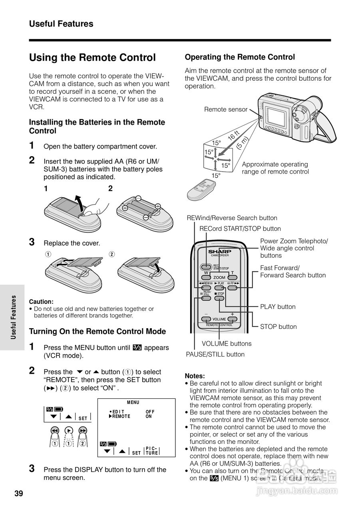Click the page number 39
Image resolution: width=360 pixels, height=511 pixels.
18,493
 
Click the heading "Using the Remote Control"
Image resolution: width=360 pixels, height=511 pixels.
92,58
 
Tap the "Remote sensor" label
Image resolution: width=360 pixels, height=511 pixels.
226,109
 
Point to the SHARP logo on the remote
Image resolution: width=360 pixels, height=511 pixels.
219,252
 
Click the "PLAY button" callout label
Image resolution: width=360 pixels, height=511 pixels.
278,307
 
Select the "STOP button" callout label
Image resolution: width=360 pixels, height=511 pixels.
278,327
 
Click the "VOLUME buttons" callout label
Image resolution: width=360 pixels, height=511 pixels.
227,343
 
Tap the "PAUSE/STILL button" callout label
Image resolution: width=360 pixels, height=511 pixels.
215,354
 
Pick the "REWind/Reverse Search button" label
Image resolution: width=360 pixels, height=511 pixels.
232,218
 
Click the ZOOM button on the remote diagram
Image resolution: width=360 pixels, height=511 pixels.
219,277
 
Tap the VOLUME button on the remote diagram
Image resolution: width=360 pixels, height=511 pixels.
219,319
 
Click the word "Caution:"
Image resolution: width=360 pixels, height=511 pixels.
41,302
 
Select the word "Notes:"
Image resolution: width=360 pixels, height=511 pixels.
195,376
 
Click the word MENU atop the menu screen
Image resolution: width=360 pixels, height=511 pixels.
133,402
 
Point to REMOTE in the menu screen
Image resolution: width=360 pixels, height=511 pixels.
121,416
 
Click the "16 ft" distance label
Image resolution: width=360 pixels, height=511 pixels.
233,135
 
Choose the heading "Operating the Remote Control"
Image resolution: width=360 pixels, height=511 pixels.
240,57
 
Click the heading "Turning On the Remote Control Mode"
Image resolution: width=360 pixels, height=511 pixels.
97,331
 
